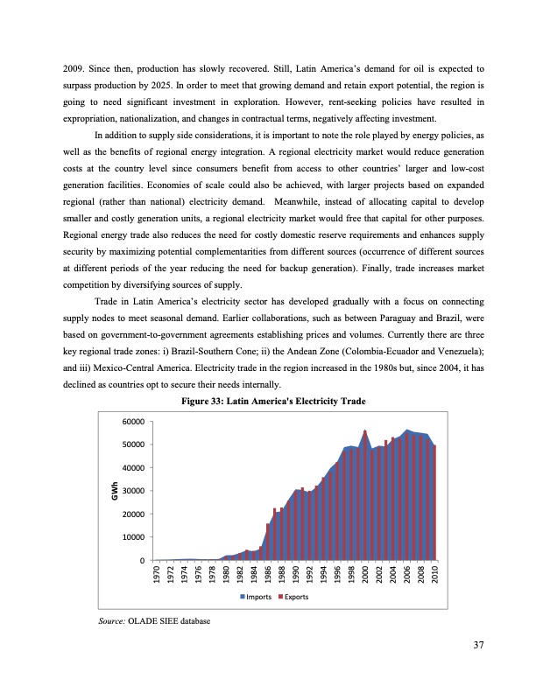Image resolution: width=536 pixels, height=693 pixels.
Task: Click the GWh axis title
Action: [114, 491]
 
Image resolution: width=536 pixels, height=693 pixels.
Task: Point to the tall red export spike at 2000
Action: [364, 433]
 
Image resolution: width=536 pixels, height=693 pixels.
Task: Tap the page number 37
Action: [478, 646]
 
